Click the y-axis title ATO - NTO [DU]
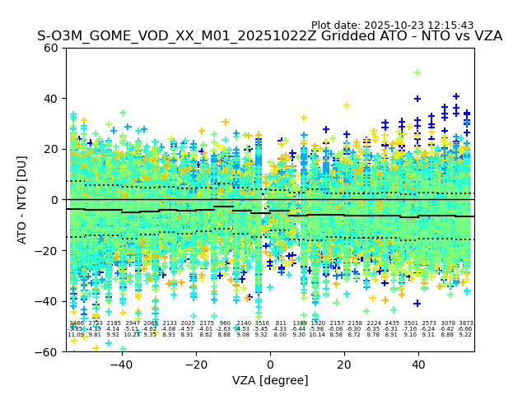point(22,200)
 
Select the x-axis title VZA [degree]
point(270,380)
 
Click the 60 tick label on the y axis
point(51,48)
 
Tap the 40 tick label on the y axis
point(51,99)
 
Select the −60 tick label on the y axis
point(48,351)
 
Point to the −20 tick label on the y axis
point(48,250)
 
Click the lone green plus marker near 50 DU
point(417,72)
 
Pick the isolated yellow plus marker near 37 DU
point(347,105)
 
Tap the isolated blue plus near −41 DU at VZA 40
point(417,304)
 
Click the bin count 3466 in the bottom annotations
point(76,324)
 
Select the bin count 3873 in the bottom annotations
point(466,324)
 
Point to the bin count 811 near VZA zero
point(281,324)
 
